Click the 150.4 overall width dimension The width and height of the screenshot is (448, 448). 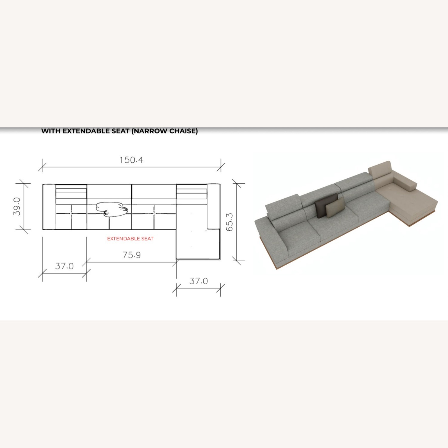131,160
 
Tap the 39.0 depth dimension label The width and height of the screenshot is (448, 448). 17,206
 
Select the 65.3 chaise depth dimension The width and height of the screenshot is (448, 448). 229,222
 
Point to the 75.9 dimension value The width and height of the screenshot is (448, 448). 131,255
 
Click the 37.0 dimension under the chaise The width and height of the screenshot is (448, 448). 199,281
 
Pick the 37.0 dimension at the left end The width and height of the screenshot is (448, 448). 64,266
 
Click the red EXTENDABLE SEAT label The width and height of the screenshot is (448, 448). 130,239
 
